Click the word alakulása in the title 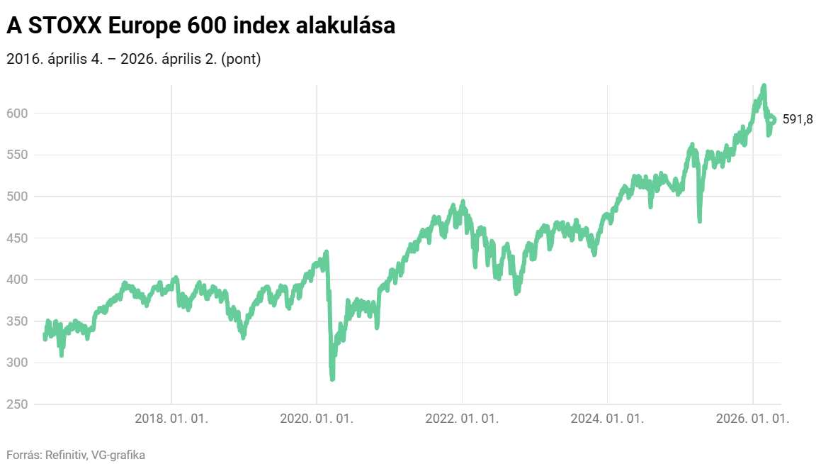tap(346, 26)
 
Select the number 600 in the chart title tap(202, 26)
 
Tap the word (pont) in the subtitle tap(242, 60)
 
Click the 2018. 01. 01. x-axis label tap(171, 419)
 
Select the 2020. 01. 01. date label tap(317, 419)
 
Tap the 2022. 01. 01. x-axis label tap(462, 419)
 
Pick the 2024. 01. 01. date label tap(607, 419)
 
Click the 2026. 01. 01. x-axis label tap(752, 419)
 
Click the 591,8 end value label tap(798, 120)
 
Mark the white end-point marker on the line tap(771, 120)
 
